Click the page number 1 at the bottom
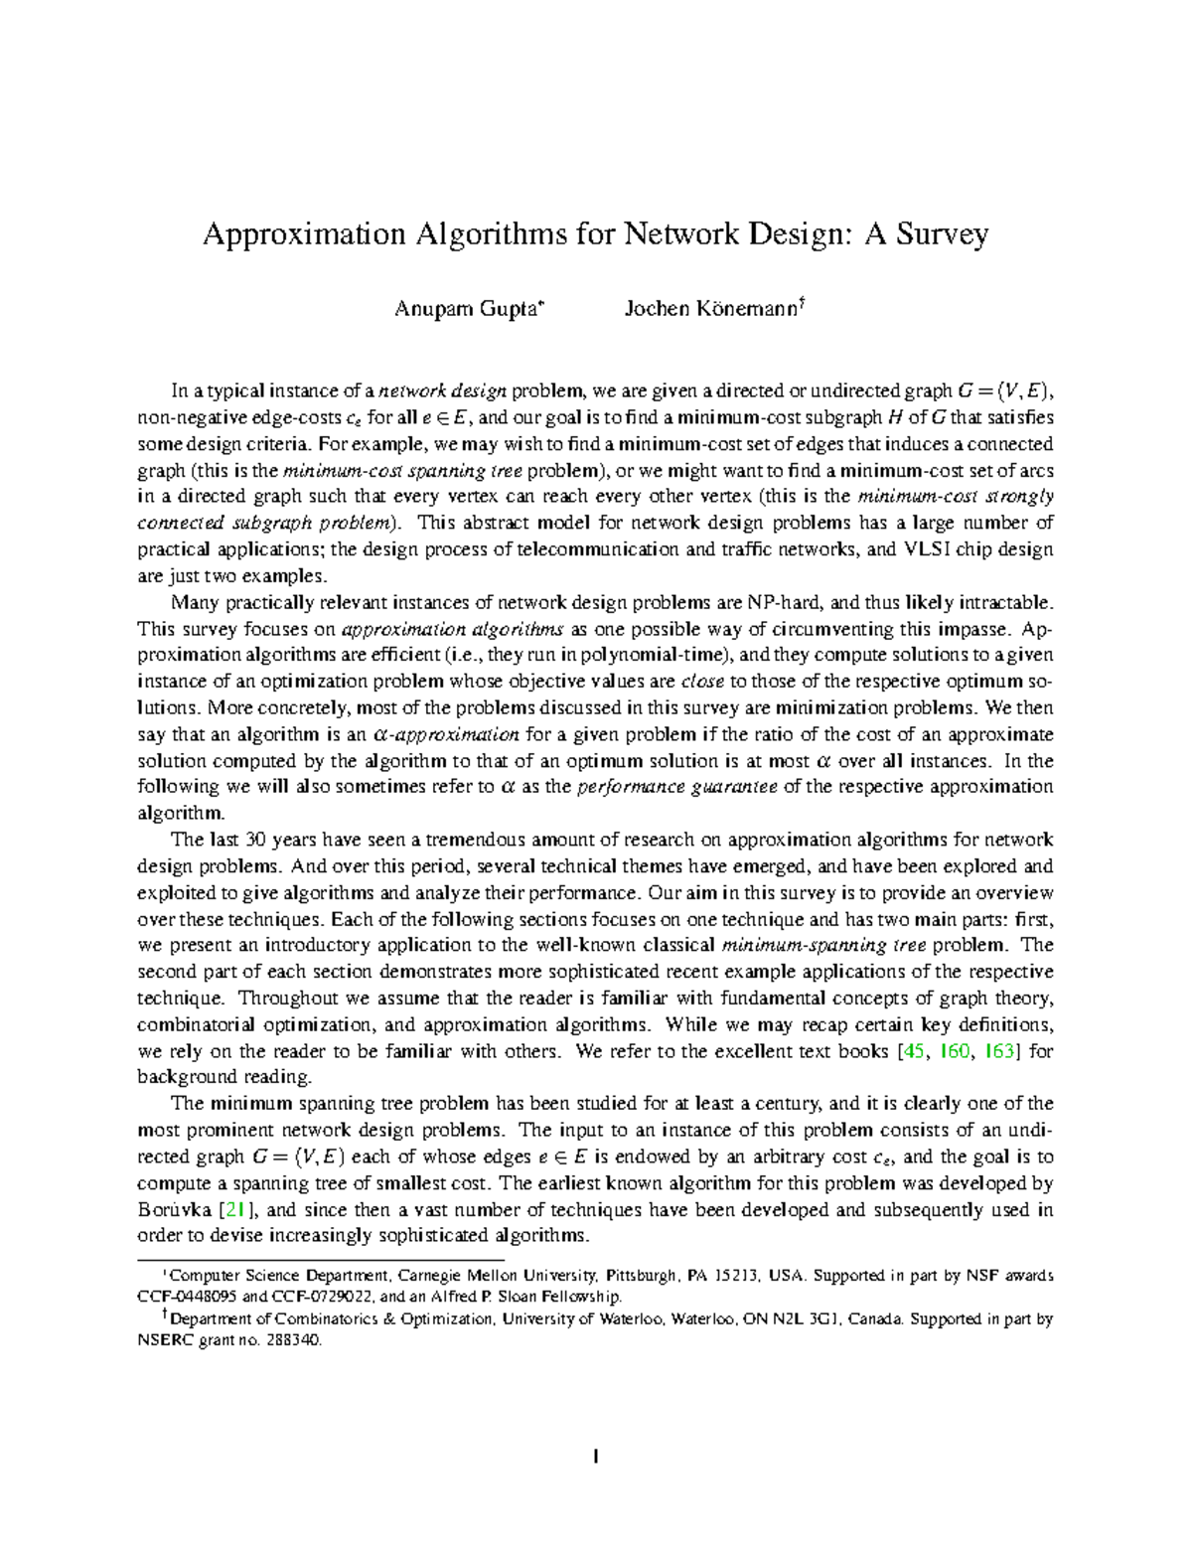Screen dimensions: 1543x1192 tap(595, 1459)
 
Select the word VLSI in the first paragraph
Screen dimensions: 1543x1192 tap(926, 549)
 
